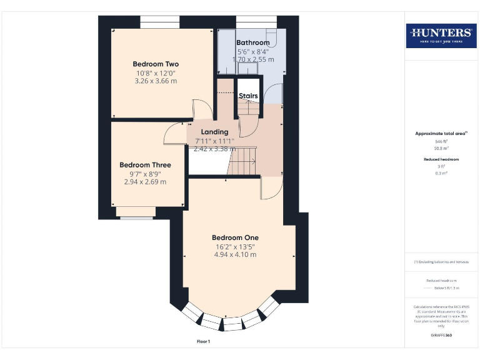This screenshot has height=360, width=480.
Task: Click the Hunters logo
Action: click(441, 35)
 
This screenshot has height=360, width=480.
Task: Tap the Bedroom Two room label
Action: click(156, 64)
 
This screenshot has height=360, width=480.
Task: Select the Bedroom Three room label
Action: click(145, 165)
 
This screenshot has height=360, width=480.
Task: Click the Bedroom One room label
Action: click(235, 237)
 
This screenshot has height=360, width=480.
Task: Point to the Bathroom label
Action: click(252, 42)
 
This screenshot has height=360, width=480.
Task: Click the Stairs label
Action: click(248, 96)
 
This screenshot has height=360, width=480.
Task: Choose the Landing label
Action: click(214, 132)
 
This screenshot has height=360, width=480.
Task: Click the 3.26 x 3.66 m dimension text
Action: click(156, 81)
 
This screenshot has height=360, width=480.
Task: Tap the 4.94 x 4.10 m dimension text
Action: click(235, 255)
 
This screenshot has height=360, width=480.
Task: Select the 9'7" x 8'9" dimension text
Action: click(145, 174)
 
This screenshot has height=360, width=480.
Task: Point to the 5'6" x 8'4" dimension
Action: click(252, 51)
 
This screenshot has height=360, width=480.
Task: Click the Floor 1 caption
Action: click(203, 342)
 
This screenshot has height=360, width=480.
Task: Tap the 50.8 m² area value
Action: click(441, 149)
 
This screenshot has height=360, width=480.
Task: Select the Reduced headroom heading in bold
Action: click(441, 159)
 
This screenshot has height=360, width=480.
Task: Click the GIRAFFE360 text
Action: click(441, 336)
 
